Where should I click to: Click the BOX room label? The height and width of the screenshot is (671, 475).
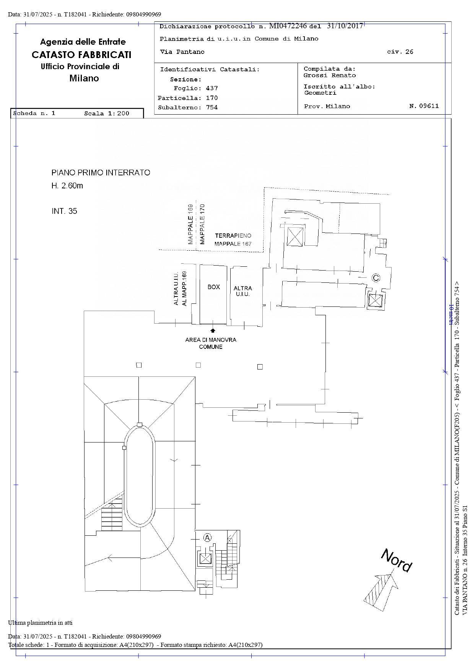tap(214, 287)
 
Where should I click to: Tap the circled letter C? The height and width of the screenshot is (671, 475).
tap(376, 278)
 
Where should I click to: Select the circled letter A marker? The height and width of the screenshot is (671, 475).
tap(207, 538)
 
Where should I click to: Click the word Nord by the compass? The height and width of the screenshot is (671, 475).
tap(397, 561)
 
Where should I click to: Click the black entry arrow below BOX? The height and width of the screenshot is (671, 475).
tap(213, 330)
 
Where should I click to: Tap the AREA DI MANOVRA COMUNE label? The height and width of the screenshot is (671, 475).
tap(211, 343)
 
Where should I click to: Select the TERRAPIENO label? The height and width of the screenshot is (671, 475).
tap(233, 236)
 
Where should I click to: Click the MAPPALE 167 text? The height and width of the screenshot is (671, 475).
tap(233, 244)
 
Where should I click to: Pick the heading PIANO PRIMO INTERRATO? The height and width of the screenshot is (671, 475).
tap(101, 173)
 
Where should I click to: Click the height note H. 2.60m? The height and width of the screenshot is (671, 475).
tap(67, 186)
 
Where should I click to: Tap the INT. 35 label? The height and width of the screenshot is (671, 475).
tap(64, 211)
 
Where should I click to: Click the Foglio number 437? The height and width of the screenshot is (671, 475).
tap(212, 88)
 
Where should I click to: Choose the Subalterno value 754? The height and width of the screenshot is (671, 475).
tap(212, 107)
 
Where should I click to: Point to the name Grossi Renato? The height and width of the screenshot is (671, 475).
tap(330, 75)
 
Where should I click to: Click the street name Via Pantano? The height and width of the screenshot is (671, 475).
tap(182, 52)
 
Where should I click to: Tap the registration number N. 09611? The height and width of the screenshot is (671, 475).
tap(424, 106)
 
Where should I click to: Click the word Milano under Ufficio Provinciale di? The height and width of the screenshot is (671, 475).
tap(84, 78)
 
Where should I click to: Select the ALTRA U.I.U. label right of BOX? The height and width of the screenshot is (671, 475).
tap(243, 291)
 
